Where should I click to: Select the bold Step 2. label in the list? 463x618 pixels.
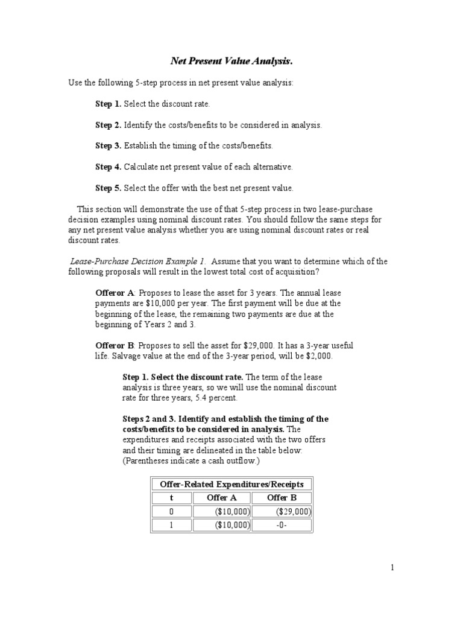point(108,125)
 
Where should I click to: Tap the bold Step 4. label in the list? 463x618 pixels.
point(108,166)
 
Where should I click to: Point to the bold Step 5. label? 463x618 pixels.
point(108,188)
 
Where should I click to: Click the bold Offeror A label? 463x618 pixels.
point(115,293)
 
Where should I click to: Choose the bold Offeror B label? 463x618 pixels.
point(115,345)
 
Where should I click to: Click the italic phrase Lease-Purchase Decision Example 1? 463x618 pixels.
point(137,261)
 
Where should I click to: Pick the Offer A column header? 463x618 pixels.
point(222,498)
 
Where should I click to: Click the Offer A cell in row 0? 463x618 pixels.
point(232,512)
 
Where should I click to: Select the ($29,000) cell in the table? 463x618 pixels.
point(293,512)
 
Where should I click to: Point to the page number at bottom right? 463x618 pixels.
point(392,567)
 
